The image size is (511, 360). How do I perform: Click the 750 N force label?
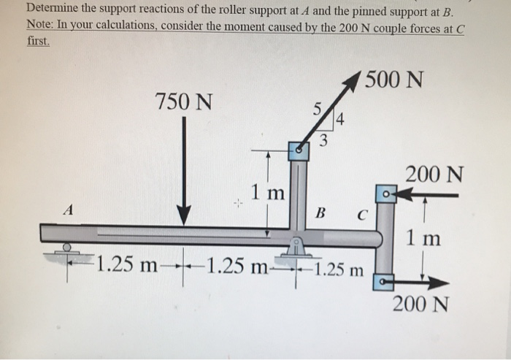coord(185,103)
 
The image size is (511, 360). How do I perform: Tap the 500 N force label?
coord(395,78)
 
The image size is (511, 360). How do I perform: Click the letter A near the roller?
coord(69,210)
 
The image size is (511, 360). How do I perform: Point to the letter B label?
coord(319,214)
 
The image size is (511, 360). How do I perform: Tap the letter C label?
coord(361,215)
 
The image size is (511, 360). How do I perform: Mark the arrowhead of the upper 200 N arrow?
coord(403,195)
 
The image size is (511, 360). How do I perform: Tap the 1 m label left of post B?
coord(267,194)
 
